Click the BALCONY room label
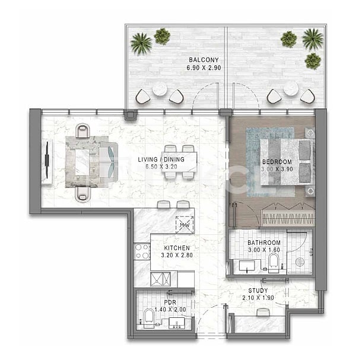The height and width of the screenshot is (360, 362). coord(204,60)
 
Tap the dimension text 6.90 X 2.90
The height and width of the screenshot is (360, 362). coord(204,68)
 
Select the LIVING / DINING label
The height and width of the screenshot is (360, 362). coord(161,160)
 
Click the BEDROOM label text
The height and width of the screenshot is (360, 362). coord(277,162)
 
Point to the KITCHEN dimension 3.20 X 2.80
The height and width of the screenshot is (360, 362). coord(177,255)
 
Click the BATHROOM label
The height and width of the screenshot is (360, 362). coord(264,243)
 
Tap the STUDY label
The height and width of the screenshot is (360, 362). coord(258,291)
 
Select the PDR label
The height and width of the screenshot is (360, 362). coord(170,302)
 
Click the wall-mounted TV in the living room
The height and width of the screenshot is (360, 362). coord(47,160)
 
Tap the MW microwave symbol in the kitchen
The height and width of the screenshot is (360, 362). coord(185,225)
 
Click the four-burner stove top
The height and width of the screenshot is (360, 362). coord(142,251)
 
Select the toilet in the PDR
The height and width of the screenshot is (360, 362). coord(149,318)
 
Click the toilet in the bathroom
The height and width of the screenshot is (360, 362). coord(274,263)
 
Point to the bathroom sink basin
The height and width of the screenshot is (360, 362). coord(247,266)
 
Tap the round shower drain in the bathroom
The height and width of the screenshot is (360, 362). coord(300,262)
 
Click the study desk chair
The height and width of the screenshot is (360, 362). coord(263,312)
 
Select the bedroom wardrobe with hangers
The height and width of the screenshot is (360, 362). coord(288,218)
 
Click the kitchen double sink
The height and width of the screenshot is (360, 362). coord(160,279)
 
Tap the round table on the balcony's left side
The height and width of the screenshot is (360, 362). coord(160,88)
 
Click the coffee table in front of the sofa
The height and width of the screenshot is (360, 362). coord(82,163)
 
